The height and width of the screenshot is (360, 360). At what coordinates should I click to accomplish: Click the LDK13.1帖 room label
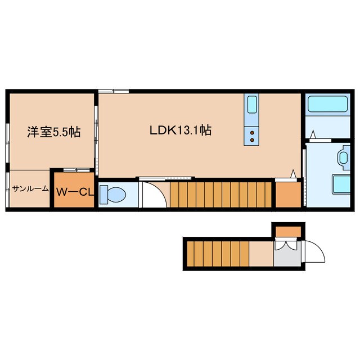[x=180, y=130]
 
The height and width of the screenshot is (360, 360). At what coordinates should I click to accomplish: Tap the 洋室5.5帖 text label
[x=53, y=132]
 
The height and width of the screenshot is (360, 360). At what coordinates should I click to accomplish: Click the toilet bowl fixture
[x=114, y=195]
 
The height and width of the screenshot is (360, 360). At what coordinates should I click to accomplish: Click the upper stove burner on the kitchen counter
[x=252, y=133]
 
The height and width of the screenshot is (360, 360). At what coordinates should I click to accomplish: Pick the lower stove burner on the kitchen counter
[x=252, y=139]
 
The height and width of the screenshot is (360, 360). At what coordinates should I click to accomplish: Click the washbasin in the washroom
[x=343, y=159]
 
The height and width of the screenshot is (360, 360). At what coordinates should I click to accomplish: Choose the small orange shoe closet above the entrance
[x=288, y=230]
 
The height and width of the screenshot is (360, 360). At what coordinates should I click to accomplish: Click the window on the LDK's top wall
[x=113, y=91]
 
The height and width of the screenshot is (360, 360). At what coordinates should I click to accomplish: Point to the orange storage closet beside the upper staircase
[x=288, y=195]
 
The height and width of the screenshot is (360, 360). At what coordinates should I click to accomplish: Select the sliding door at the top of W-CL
[x=74, y=169]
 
